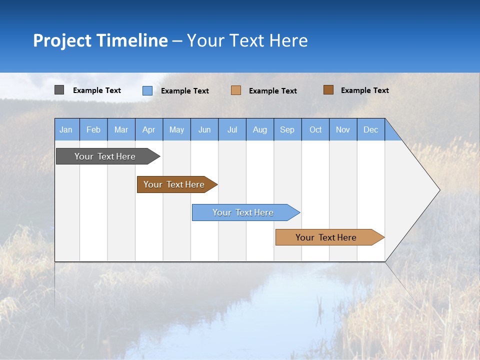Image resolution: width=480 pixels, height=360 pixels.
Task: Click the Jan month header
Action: pos(66,129)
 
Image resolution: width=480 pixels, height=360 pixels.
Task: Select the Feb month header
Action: pos(93,129)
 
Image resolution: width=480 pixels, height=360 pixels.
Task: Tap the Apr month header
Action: pos(149,129)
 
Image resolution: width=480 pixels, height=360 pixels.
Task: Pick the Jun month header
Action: pos(204,129)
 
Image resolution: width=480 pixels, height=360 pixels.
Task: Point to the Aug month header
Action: pos(260,129)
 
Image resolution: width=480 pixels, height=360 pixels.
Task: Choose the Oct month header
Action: pos(315,129)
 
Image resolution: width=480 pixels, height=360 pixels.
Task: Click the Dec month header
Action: pos(371,129)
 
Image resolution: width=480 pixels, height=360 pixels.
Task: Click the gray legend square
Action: pos(59,90)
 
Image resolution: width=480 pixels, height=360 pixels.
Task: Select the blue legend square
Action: pos(147,90)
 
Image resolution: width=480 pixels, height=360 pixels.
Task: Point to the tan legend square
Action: pos(236,90)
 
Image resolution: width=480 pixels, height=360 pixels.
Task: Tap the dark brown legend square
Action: pos(328,90)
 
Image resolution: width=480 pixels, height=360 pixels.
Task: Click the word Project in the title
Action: pos(62,40)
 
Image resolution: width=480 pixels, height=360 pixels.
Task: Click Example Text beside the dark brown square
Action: pos(365,90)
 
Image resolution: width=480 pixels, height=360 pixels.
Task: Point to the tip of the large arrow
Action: pos(438,189)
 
